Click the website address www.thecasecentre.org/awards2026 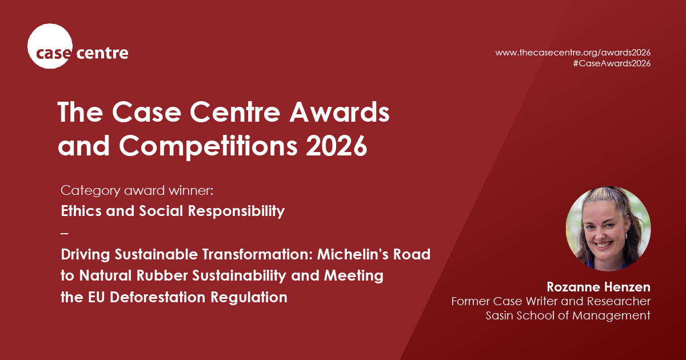pyautogui.click(x=573, y=52)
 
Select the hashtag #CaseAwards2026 pyautogui.click(x=611, y=63)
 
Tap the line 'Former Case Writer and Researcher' pyautogui.click(x=551, y=301)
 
